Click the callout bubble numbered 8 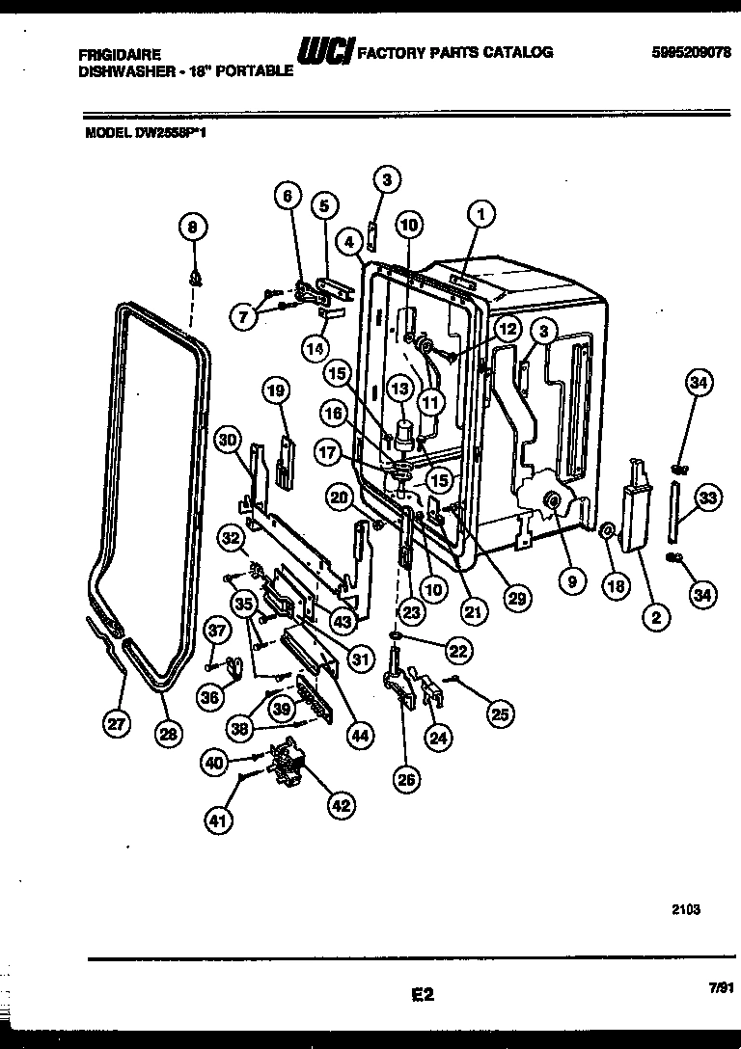tap(192, 228)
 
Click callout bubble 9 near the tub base tap(570, 581)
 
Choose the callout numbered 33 tap(708, 498)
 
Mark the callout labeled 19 tap(276, 390)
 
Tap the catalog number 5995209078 tap(687, 52)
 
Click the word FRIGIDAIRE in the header tap(120, 55)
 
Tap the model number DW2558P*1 tap(176, 136)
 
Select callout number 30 tap(228, 440)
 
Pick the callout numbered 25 tap(500, 713)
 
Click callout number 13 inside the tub tap(398, 388)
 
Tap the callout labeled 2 tap(655, 621)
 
